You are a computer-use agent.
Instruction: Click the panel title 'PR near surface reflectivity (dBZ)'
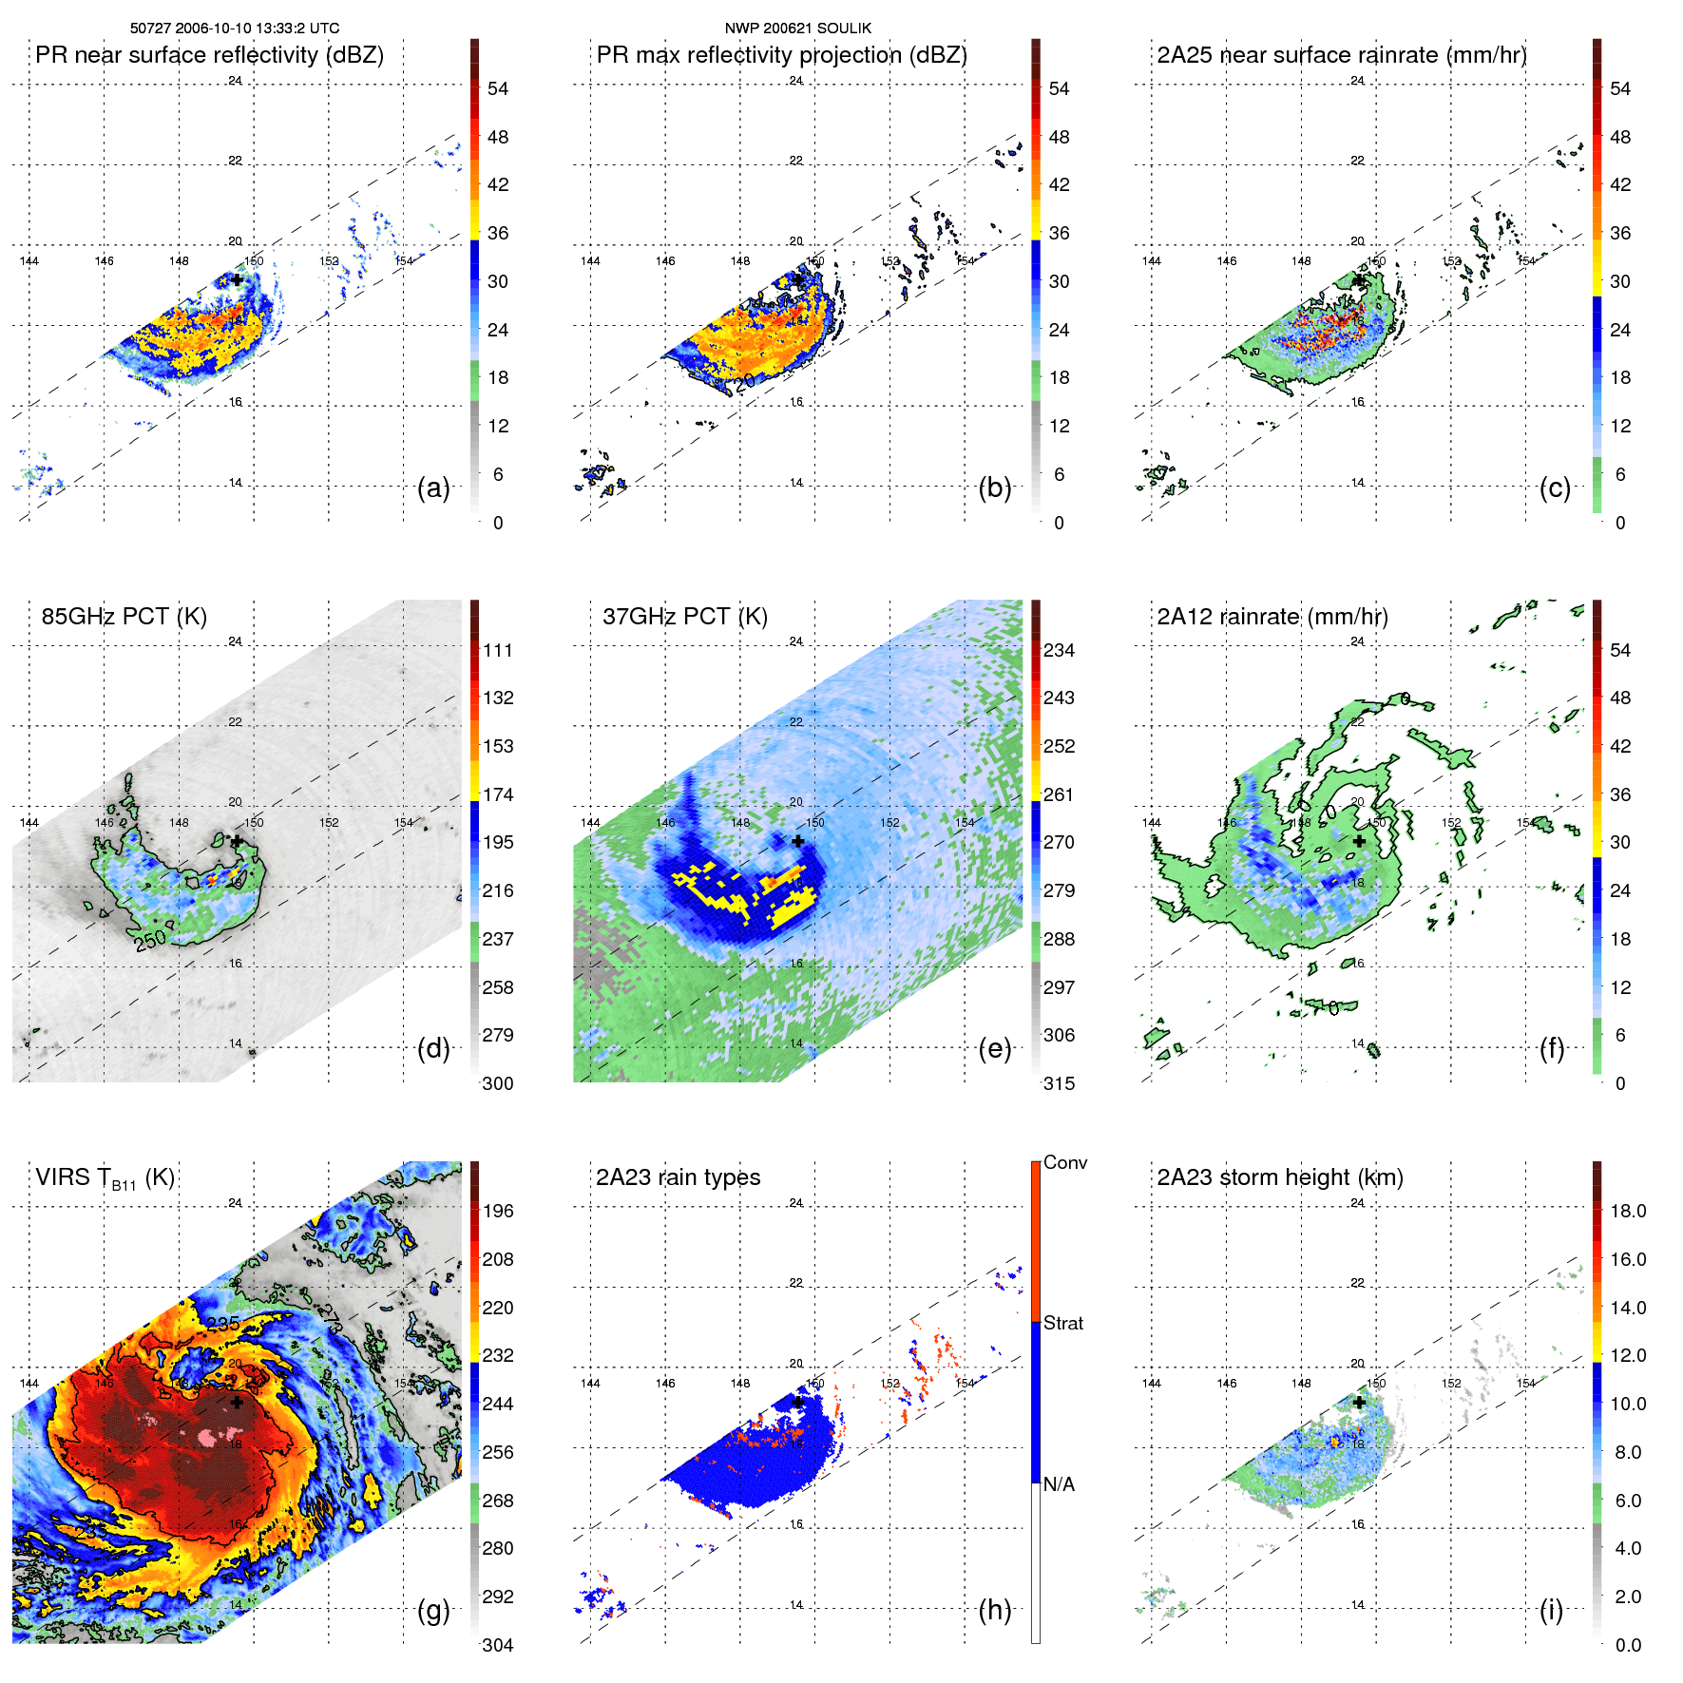pyautogui.click(x=209, y=55)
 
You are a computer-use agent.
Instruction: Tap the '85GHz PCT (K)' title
pyautogui.click(x=124, y=617)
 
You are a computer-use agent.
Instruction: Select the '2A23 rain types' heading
pyautogui.click(x=678, y=1177)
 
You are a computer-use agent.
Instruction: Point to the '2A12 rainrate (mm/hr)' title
pyautogui.click(x=1272, y=617)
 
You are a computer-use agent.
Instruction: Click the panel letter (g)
pyautogui.click(x=433, y=1610)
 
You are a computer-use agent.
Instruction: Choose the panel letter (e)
pyautogui.click(x=994, y=1049)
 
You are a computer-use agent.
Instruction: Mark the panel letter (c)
pyautogui.click(x=1555, y=488)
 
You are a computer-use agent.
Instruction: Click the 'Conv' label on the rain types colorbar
pyautogui.click(x=1065, y=1162)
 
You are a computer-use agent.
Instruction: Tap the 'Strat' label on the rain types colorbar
pyautogui.click(x=1063, y=1323)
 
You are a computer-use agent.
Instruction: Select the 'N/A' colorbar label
pyautogui.click(x=1059, y=1484)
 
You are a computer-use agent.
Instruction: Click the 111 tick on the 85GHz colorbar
pyautogui.click(x=498, y=650)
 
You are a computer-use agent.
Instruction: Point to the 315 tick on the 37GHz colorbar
pyautogui.click(x=1059, y=1083)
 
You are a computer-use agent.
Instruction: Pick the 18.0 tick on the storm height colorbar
pyautogui.click(x=1628, y=1211)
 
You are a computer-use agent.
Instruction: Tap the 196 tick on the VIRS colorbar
pyautogui.click(x=498, y=1211)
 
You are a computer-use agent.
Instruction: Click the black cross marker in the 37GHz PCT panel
pyautogui.click(x=798, y=841)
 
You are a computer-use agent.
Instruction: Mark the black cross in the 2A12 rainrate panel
pyautogui.click(x=1359, y=841)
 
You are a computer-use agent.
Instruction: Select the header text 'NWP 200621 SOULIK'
pyautogui.click(x=797, y=29)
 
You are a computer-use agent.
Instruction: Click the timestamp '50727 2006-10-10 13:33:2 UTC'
pyautogui.click(x=235, y=29)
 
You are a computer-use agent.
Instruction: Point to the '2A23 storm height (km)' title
pyautogui.click(x=1280, y=1177)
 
